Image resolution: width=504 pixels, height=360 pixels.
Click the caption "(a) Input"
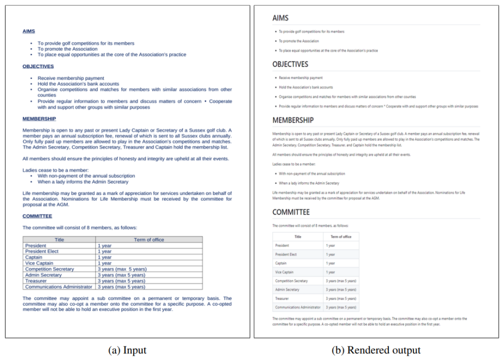tap(127, 350)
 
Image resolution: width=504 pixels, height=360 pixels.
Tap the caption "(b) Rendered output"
tap(376, 350)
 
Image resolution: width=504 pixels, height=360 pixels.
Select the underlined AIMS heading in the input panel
tap(29, 31)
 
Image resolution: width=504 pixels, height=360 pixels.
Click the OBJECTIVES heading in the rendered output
tap(290, 64)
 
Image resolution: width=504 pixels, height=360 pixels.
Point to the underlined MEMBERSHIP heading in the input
tap(39, 118)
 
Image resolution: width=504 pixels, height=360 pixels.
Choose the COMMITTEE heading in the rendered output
tap(291, 212)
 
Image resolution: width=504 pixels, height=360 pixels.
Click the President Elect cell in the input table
tap(43, 251)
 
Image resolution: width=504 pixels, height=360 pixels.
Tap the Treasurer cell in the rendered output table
tap(282, 298)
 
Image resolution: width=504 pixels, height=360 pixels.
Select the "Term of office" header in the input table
tap(149, 240)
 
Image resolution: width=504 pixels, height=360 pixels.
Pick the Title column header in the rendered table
tap(298, 236)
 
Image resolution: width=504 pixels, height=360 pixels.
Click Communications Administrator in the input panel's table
tap(59, 287)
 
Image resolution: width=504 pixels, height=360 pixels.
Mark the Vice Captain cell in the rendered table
tap(284, 272)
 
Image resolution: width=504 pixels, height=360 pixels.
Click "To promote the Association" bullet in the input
tap(68, 49)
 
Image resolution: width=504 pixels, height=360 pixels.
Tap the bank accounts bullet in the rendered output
tap(306, 87)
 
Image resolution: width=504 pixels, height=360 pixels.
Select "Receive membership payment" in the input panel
tap(71, 78)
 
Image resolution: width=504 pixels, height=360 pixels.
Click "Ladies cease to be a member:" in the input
tap(56, 170)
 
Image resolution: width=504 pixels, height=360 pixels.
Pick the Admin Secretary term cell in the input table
tap(121, 275)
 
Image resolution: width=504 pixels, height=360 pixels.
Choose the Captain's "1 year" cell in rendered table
tap(330, 263)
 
